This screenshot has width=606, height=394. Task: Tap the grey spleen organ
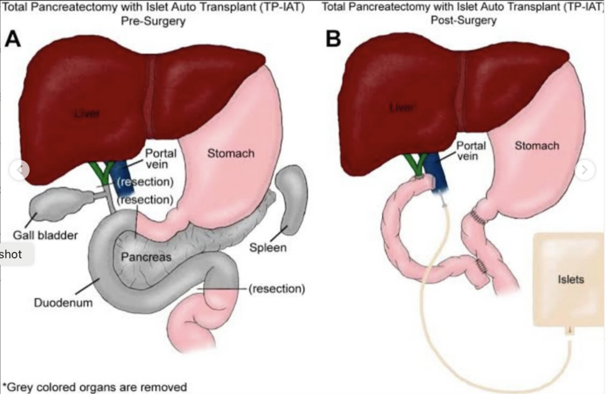pyautogui.click(x=291, y=198)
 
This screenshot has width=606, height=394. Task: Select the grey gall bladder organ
pyautogui.click(x=56, y=204)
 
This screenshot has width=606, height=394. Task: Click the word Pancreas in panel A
pyautogui.click(x=146, y=257)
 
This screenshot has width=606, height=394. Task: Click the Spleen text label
pyautogui.click(x=267, y=247)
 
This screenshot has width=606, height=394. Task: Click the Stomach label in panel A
pyautogui.click(x=230, y=154)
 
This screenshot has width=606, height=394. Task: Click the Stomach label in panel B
pyautogui.click(x=536, y=146)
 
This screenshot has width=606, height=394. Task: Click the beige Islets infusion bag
pyautogui.click(x=569, y=279)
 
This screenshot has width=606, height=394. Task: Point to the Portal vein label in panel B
pyautogui.click(x=471, y=151)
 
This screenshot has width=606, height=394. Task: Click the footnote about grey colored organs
pyautogui.click(x=95, y=387)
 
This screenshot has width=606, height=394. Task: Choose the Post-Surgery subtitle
pyautogui.click(x=469, y=21)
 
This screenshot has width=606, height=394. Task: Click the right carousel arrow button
pyautogui.click(x=585, y=170)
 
